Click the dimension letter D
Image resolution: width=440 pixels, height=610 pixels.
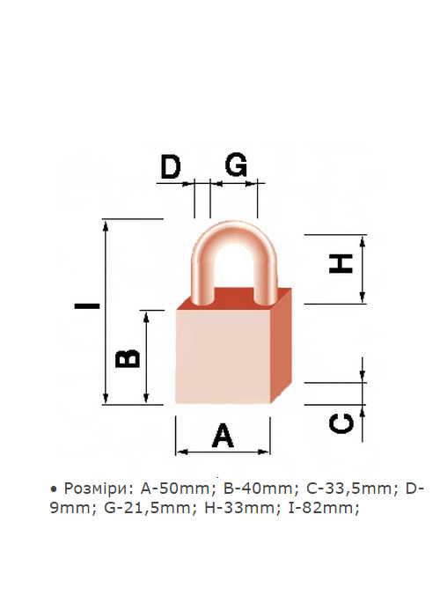(172, 166)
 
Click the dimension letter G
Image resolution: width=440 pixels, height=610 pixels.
(236, 165)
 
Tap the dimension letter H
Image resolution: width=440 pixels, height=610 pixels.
(341, 263)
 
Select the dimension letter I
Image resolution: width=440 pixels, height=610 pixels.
(87, 305)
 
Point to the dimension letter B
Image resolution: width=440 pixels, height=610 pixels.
(128, 358)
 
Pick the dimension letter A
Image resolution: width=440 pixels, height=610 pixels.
(223, 436)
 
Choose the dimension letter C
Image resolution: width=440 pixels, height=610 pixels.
(341, 423)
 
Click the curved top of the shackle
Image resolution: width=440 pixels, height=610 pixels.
(234, 233)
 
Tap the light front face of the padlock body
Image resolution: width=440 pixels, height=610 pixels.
(223, 356)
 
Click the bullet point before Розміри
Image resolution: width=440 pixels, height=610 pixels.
(54, 489)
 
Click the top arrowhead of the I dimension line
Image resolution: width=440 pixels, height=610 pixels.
(106, 224)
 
